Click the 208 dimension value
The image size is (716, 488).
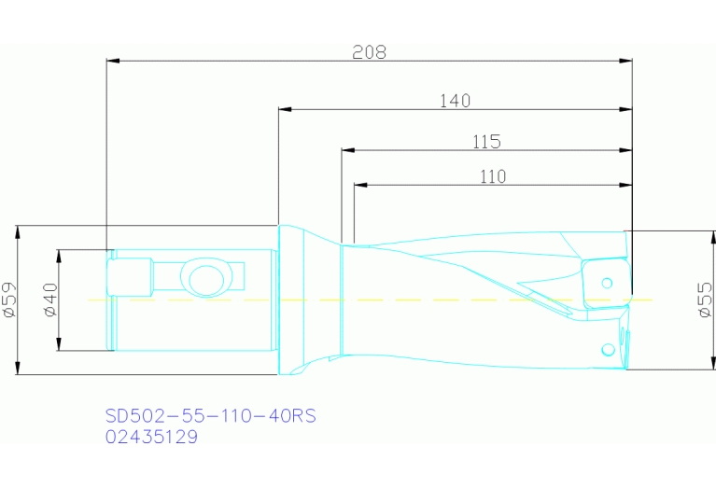tap(369, 52)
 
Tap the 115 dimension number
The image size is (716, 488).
tap(486, 142)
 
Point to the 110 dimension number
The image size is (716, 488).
tap(492, 176)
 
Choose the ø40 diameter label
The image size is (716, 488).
tap(51, 300)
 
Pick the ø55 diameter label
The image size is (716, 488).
tap(706, 300)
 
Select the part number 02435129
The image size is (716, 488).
tap(151, 436)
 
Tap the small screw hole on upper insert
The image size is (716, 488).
tap(607, 282)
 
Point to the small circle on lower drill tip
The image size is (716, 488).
tap(608, 349)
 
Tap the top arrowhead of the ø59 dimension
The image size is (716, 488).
tap(19, 230)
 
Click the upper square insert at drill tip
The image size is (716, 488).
tap(602, 284)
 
